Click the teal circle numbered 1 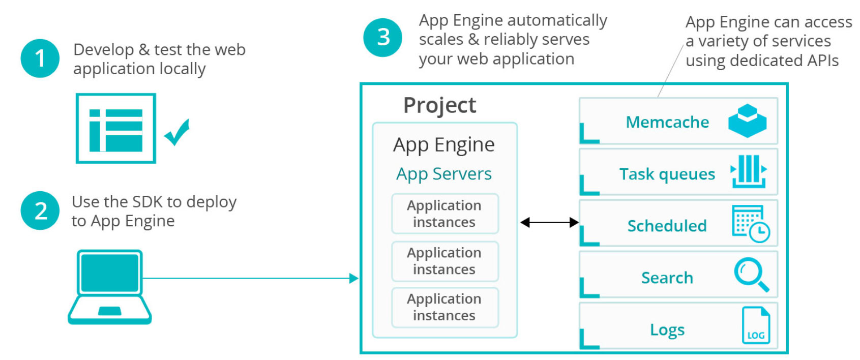pyautogui.click(x=40, y=58)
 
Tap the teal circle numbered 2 pyautogui.click(x=40, y=211)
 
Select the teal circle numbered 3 pyautogui.click(x=383, y=37)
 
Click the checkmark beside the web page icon pyautogui.click(x=177, y=132)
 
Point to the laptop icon pyautogui.click(x=110, y=287)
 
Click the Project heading pyautogui.click(x=439, y=105)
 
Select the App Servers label pyautogui.click(x=444, y=174)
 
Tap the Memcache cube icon pyautogui.click(x=747, y=121)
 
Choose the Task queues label pyautogui.click(x=667, y=174)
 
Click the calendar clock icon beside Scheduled pyautogui.click(x=751, y=224)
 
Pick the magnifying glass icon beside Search pyautogui.click(x=751, y=274)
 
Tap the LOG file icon pyautogui.click(x=756, y=325)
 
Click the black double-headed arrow pyautogui.click(x=550, y=222)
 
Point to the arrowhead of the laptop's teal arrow pyautogui.click(x=354, y=278)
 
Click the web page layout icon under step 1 pyautogui.click(x=116, y=129)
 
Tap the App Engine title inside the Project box pyautogui.click(x=444, y=145)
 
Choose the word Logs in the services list pyautogui.click(x=667, y=329)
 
